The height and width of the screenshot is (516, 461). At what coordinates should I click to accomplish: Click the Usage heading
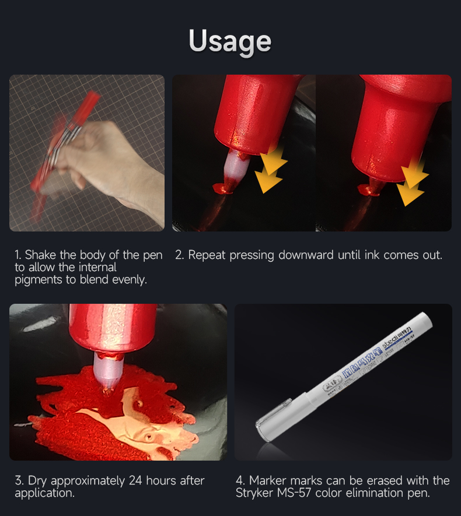pos(230,41)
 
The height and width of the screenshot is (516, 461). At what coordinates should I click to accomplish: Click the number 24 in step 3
pos(133,481)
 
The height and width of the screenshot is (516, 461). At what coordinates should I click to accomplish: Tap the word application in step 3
pos(43,493)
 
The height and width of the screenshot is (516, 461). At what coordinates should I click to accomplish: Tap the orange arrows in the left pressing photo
pos(270,169)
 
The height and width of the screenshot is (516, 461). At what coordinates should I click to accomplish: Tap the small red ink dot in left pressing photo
pos(222,188)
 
